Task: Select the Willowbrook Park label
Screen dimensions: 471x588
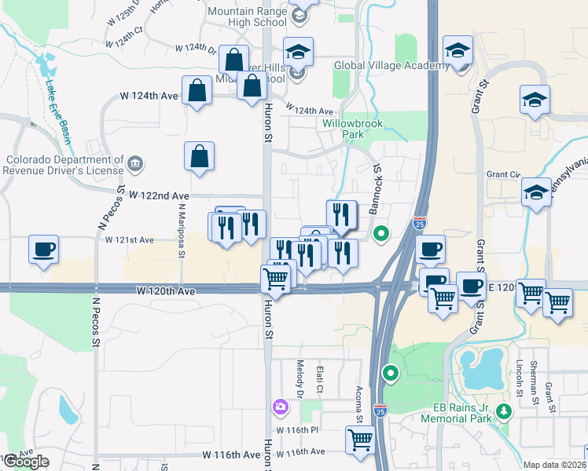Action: click(x=343, y=129)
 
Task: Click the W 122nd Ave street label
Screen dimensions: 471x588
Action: click(x=159, y=195)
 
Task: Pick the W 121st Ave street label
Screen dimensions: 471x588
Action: click(x=130, y=239)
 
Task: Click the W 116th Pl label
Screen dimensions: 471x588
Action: click(x=297, y=430)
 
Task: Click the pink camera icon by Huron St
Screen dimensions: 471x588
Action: click(x=280, y=407)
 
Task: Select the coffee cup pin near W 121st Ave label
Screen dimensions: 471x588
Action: click(x=43, y=250)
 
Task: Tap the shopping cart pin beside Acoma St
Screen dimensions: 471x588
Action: click(x=360, y=439)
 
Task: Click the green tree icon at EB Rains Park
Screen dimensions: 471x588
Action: click(x=504, y=411)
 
